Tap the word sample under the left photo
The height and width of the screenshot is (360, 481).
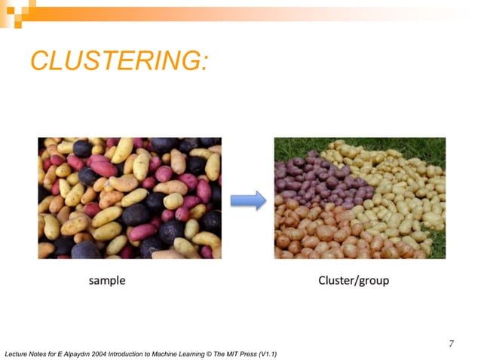click(x=107, y=281)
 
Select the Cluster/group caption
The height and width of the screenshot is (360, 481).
click(x=354, y=281)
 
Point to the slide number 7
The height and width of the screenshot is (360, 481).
click(x=451, y=343)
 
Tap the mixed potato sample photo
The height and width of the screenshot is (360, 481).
click(x=130, y=198)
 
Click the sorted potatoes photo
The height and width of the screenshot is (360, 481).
click(x=359, y=198)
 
